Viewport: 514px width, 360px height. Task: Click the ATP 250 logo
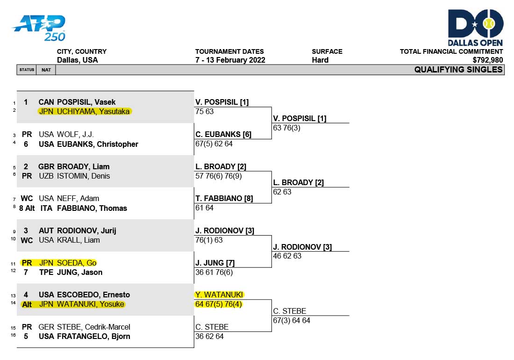point(39,28)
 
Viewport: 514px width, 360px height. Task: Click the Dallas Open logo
point(475,28)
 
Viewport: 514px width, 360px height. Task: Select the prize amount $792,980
point(487,60)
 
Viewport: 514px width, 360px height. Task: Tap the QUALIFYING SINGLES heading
point(458,70)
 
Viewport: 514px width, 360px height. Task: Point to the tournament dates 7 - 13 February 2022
point(230,60)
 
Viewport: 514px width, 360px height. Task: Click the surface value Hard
point(320,60)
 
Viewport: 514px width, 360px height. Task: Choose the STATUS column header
point(27,70)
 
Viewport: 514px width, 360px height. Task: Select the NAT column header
point(46,70)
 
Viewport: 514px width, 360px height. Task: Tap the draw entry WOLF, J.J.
point(75,135)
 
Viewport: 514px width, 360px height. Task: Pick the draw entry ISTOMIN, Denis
point(83,176)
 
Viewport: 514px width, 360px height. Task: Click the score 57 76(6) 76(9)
point(218,176)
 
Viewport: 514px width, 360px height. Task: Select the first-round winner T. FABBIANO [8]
point(224,198)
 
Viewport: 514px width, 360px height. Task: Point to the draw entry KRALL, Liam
point(79,240)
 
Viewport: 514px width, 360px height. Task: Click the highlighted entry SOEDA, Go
point(77,263)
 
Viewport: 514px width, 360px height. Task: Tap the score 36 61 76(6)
point(214,272)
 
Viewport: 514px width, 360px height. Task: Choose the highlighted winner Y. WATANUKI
point(219,295)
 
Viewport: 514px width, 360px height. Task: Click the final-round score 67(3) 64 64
point(292,320)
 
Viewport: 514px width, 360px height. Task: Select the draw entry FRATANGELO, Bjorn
point(93,337)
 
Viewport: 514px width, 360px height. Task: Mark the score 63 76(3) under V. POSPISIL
point(286,128)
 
